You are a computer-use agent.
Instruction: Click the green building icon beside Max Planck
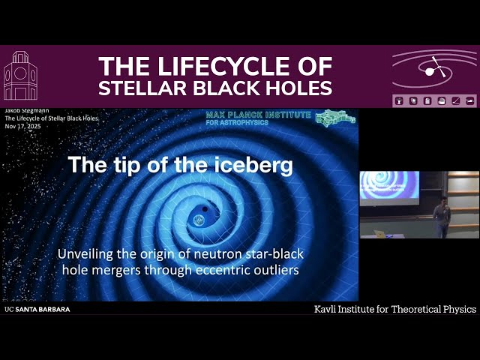click(332, 118)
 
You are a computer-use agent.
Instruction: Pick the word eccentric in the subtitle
click(223, 269)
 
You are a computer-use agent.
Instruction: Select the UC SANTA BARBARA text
click(37, 309)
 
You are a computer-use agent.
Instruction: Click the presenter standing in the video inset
click(442, 216)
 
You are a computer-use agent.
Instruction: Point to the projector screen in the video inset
click(389, 185)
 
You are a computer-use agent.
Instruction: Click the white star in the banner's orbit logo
click(430, 71)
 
